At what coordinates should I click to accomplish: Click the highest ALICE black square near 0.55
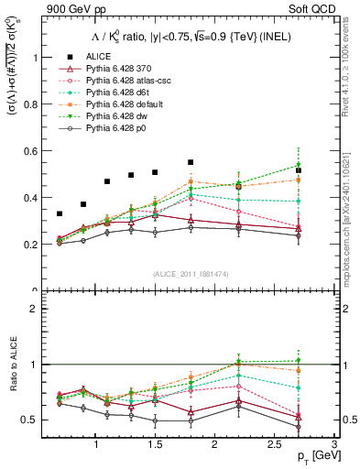(x=191, y=162)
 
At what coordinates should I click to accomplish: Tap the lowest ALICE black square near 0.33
(x=60, y=213)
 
